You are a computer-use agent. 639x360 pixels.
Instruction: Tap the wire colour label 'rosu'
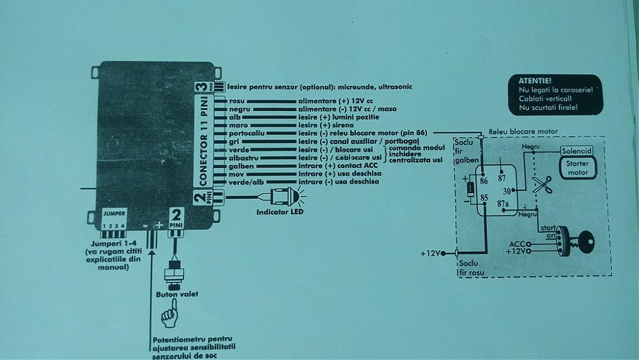(x=236, y=101)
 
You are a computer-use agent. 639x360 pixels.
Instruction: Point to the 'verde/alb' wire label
(x=246, y=182)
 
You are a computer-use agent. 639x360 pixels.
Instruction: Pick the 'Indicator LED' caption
(x=279, y=211)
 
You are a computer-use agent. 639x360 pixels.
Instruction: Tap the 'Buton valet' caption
(x=177, y=294)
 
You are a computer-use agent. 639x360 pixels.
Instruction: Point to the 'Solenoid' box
(x=578, y=151)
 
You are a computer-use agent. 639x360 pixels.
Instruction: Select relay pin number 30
(x=506, y=190)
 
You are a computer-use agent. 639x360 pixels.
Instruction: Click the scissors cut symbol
(x=542, y=185)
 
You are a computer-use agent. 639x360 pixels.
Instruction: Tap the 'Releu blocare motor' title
(x=523, y=132)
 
